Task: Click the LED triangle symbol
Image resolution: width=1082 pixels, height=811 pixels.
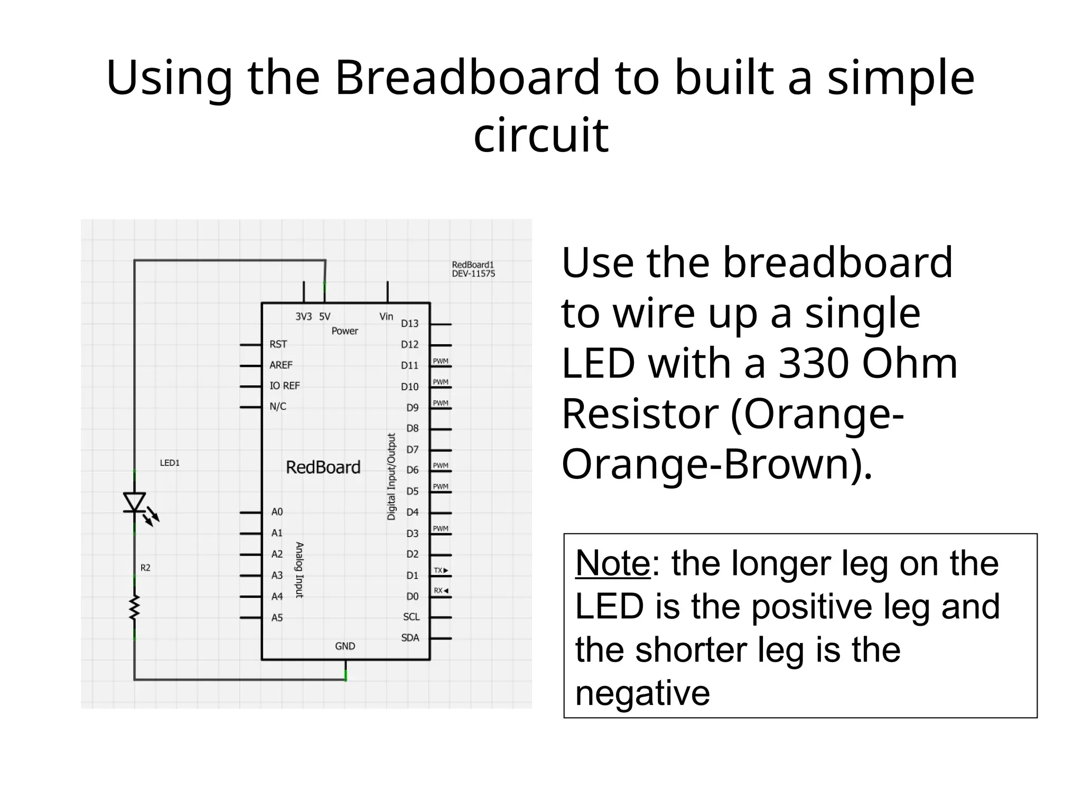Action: coord(134,502)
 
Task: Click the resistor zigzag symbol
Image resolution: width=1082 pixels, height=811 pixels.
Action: coord(134,607)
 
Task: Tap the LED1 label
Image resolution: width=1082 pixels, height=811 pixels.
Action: coord(170,463)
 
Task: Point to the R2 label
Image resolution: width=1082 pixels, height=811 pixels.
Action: coord(145,568)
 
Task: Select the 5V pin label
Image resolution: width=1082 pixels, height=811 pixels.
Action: coord(324,317)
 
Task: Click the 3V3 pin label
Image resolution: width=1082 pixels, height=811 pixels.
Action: coord(303,317)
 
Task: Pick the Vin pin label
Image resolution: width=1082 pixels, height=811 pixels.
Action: coord(386,317)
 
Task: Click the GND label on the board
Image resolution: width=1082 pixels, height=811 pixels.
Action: coord(345,646)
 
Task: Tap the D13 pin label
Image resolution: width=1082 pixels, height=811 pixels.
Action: coord(409,324)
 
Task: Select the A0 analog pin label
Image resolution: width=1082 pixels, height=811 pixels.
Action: coord(277,512)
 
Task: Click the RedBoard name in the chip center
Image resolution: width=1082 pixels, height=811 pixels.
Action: coord(323,468)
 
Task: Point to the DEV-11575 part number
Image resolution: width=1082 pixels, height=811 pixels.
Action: coord(473,274)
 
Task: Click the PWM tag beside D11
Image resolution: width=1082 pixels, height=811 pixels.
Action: coord(441,362)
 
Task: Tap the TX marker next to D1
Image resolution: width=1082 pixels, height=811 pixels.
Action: coord(441,571)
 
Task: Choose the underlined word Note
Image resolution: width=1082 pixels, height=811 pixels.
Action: coord(613,563)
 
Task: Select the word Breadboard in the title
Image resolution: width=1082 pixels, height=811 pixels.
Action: coord(468,78)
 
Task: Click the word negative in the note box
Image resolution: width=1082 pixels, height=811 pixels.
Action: coord(642,693)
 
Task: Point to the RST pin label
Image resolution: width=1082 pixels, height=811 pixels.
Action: coord(278,345)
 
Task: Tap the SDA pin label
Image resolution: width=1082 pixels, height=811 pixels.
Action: coord(410,638)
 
